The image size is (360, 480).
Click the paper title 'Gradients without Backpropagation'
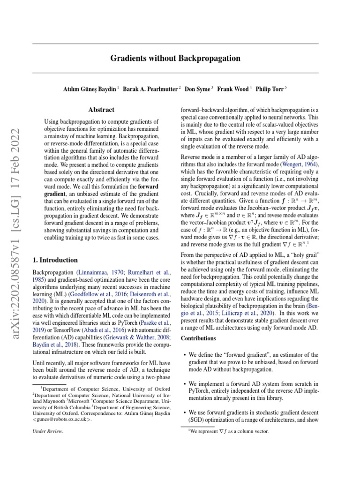(175, 59)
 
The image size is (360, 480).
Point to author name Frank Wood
(234, 89)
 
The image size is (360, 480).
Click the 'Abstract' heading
(101, 110)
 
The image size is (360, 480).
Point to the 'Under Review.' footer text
(47, 431)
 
